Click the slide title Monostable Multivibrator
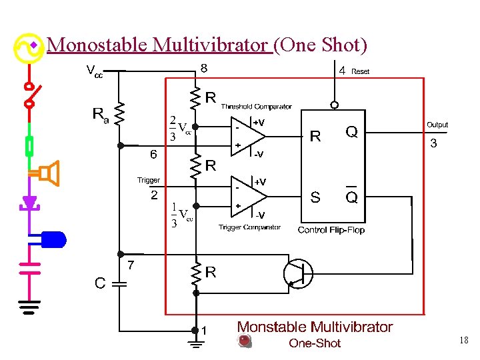click(159, 45)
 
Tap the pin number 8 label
click(204, 68)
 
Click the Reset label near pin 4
click(361, 71)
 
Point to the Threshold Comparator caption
click(256, 107)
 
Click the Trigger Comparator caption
click(249, 227)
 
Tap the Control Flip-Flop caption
click(331, 230)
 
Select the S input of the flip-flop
click(315, 197)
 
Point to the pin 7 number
click(131, 265)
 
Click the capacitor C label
click(99, 283)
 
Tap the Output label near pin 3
click(437, 125)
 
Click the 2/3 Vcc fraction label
click(179, 129)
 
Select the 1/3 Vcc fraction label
click(180, 215)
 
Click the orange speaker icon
click(48, 173)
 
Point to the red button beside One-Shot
click(245, 341)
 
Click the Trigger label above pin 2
click(149, 180)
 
